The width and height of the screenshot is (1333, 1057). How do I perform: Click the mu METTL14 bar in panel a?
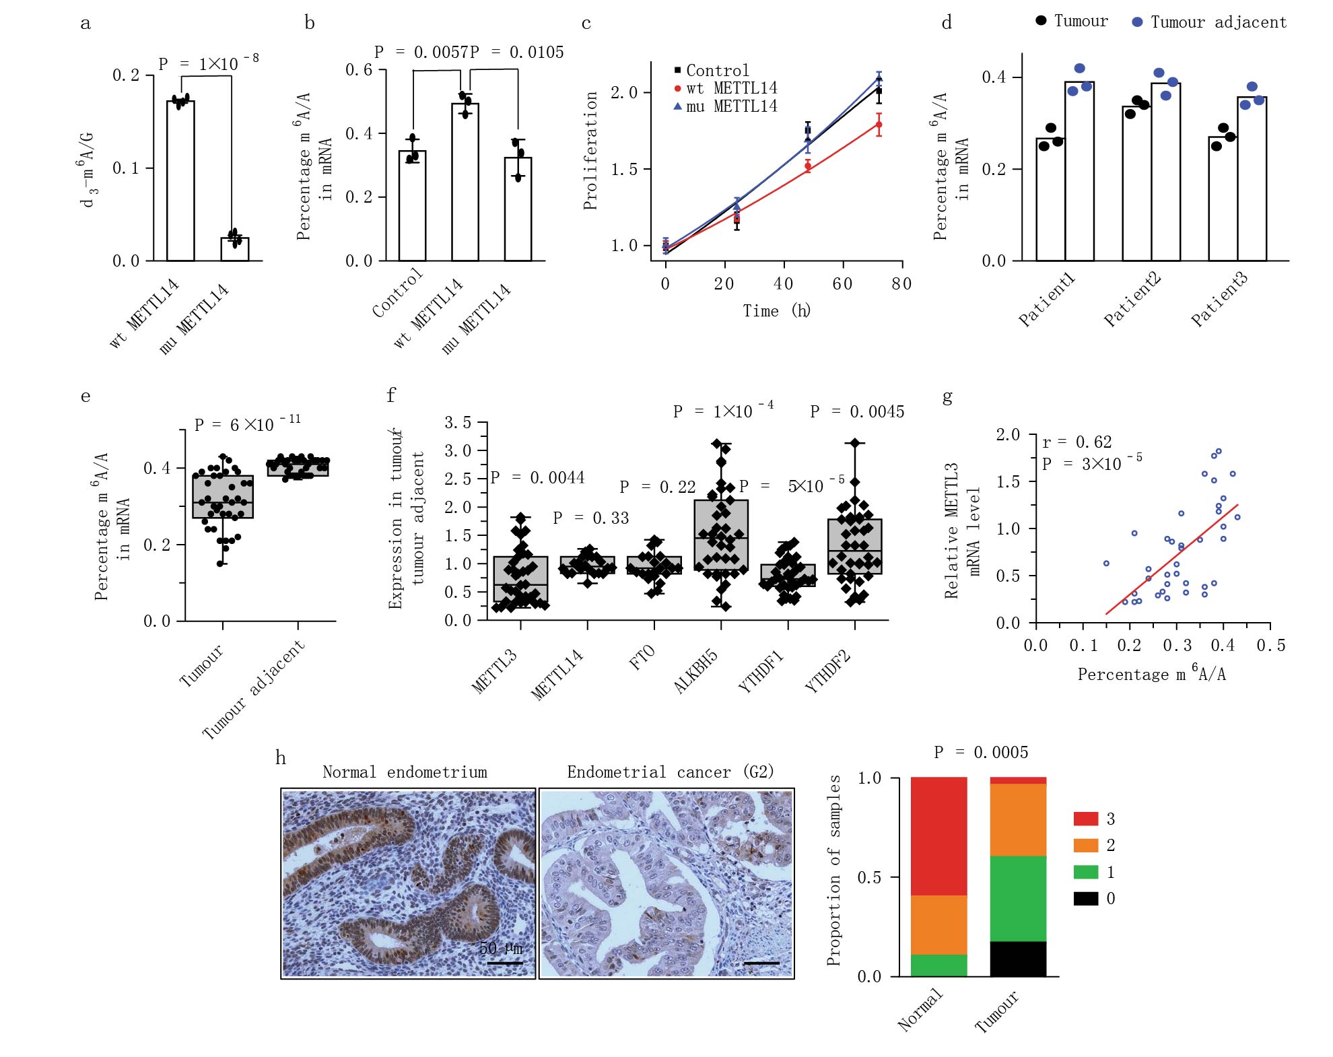pyautogui.click(x=235, y=249)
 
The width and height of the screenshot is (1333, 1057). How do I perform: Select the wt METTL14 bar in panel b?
pyautogui.click(x=465, y=182)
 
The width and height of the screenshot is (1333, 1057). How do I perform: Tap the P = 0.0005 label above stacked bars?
pyautogui.click(x=982, y=753)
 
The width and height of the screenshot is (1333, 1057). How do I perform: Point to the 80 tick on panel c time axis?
pyautogui.click(x=901, y=284)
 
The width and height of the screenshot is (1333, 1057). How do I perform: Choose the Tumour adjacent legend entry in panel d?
pyautogui.click(x=1210, y=22)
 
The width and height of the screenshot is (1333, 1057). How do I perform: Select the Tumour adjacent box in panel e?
pyautogui.click(x=298, y=467)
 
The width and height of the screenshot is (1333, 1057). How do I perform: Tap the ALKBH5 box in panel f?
pyautogui.click(x=721, y=535)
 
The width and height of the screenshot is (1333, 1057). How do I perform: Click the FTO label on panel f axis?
pyautogui.click(x=642, y=657)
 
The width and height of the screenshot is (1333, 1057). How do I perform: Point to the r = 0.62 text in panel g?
pyautogui.click(x=1076, y=442)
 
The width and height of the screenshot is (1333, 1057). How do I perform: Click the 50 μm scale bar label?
pyautogui.click(x=501, y=949)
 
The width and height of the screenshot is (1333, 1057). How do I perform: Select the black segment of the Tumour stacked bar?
pyautogui.click(x=1018, y=959)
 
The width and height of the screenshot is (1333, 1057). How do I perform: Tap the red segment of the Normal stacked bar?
pyautogui.click(x=938, y=836)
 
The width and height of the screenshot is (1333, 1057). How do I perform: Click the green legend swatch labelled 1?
pyautogui.click(x=1085, y=873)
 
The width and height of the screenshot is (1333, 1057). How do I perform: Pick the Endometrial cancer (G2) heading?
pyautogui.click(x=670, y=772)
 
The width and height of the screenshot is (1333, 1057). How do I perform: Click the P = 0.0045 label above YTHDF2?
pyautogui.click(x=857, y=412)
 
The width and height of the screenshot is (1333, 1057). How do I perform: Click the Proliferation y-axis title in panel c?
pyautogui.click(x=590, y=151)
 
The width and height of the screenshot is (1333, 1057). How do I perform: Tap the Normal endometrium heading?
pyautogui.click(x=405, y=772)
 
